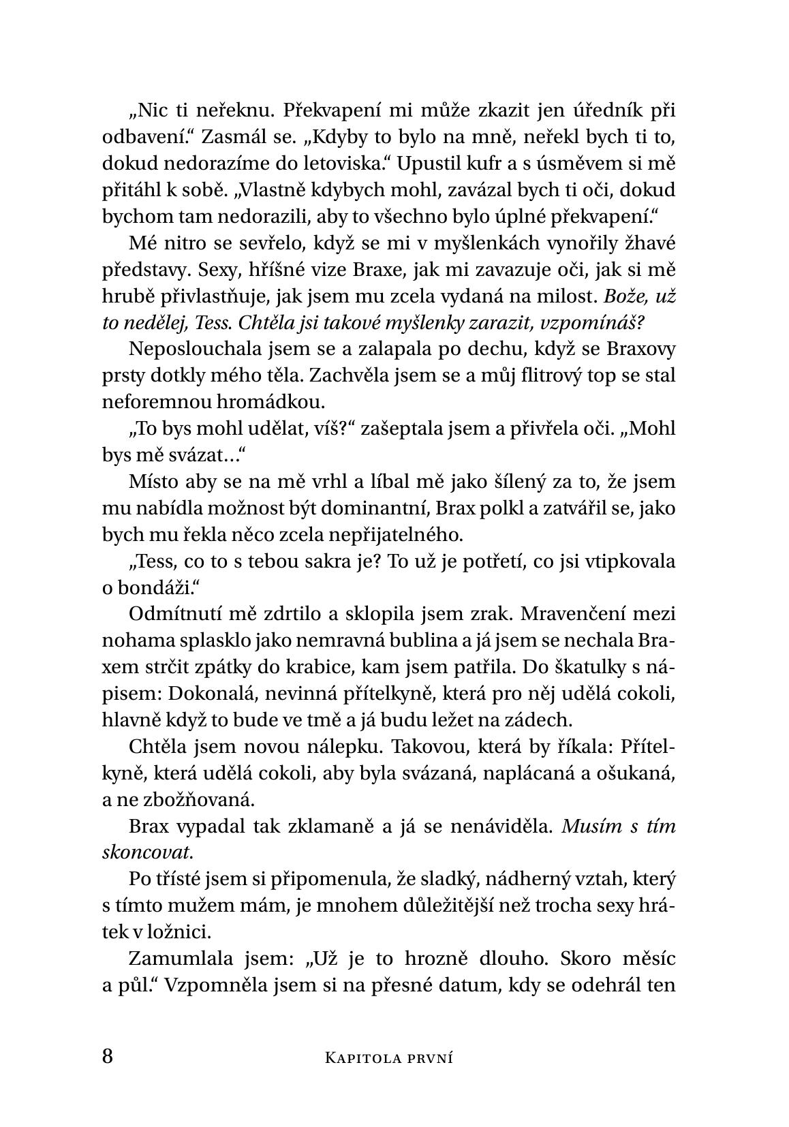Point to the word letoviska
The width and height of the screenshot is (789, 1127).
click(343, 164)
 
